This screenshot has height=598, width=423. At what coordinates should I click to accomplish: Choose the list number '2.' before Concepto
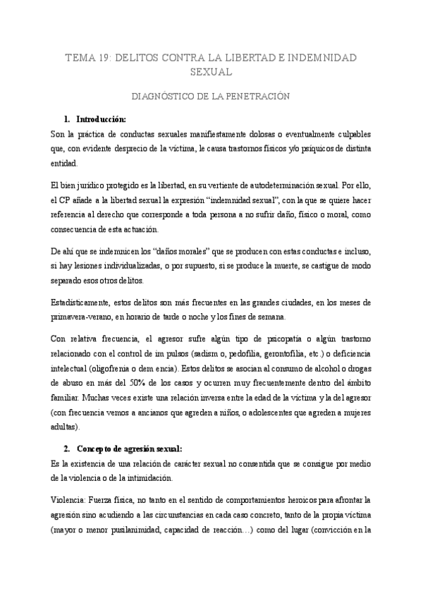[68, 448]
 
